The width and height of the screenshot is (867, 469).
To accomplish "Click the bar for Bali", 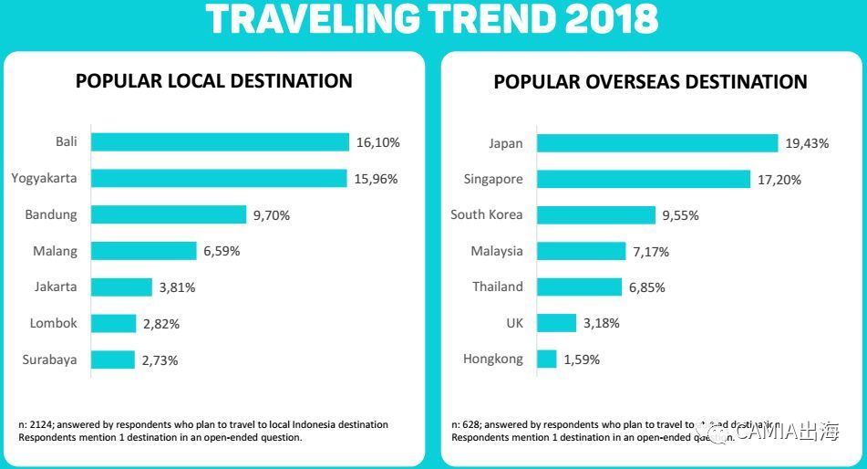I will pyautogui.click(x=220, y=142).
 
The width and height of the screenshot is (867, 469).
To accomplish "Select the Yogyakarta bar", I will pyautogui.click(x=219, y=178).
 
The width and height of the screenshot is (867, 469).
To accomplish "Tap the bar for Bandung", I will pyautogui.click(x=169, y=214).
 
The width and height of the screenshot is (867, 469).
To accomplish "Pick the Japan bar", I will pyautogui.click(x=657, y=142).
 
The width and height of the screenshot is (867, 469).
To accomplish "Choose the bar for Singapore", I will pyautogui.click(x=643, y=179).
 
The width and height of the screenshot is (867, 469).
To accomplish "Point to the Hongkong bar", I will pyautogui.click(x=547, y=359).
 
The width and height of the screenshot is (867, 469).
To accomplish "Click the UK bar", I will pyautogui.click(x=557, y=323).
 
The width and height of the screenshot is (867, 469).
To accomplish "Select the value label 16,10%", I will pyautogui.click(x=377, y=143).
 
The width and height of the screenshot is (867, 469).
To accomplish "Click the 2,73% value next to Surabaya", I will pyautogui.click(x=160, y=360).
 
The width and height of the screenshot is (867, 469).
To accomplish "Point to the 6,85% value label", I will pyautogui.click(x=645, y=287).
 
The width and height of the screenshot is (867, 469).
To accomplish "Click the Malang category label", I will pyautogui.click(x=56, y=251).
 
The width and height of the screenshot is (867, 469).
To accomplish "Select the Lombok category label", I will pyautogui.click(x=54, y=323).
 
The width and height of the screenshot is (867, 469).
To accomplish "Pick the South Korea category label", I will pyautogui.click(x=487, y=214).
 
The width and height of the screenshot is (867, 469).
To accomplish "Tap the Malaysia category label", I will pyautogui.click(x=497, y=251).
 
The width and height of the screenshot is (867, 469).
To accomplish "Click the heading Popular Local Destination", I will pyautogui.click(x=213, y=81).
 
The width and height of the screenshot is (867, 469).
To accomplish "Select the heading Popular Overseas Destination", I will pyautogui.click(x=650, y=82).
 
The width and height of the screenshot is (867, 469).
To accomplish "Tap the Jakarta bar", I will pyautogui.click(x=122, y=287).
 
